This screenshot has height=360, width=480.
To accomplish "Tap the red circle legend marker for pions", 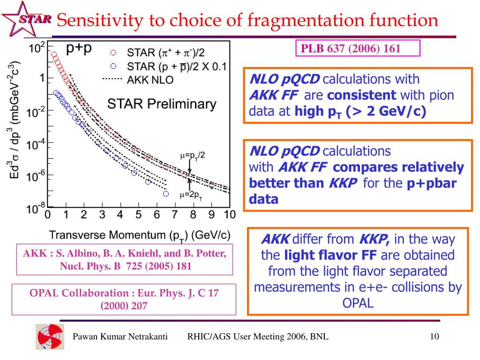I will click(113, 52).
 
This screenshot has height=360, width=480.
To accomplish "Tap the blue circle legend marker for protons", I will click(113, 66).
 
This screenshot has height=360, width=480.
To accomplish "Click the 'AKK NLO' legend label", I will click(150, 80).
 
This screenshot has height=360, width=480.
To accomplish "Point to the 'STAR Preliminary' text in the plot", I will click(163, 105).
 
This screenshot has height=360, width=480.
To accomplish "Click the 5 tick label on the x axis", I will click(138, 215).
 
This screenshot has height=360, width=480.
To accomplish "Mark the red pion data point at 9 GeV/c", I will click(211, 185).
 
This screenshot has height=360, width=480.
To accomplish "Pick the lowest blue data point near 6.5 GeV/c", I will click(165, 193).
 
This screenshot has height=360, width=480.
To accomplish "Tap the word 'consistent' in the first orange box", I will click(361, 96).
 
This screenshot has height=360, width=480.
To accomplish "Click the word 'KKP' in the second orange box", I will click(343, 183).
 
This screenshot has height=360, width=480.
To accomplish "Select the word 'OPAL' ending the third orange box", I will click(358, 302).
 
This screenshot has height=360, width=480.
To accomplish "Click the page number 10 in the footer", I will click(434, 337).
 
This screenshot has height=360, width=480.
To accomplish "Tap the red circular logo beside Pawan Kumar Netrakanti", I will click(49, 337).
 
